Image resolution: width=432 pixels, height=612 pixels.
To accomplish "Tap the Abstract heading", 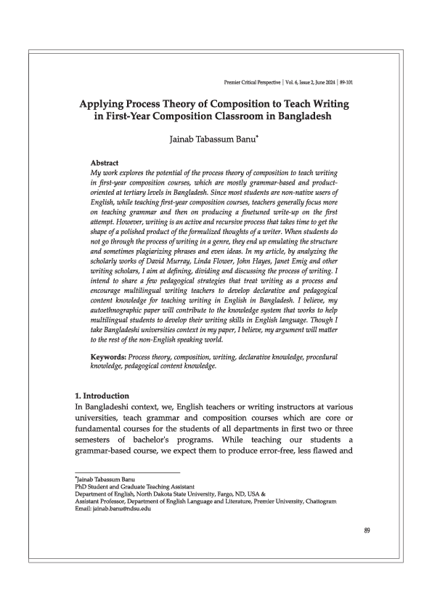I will click(104, 163).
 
